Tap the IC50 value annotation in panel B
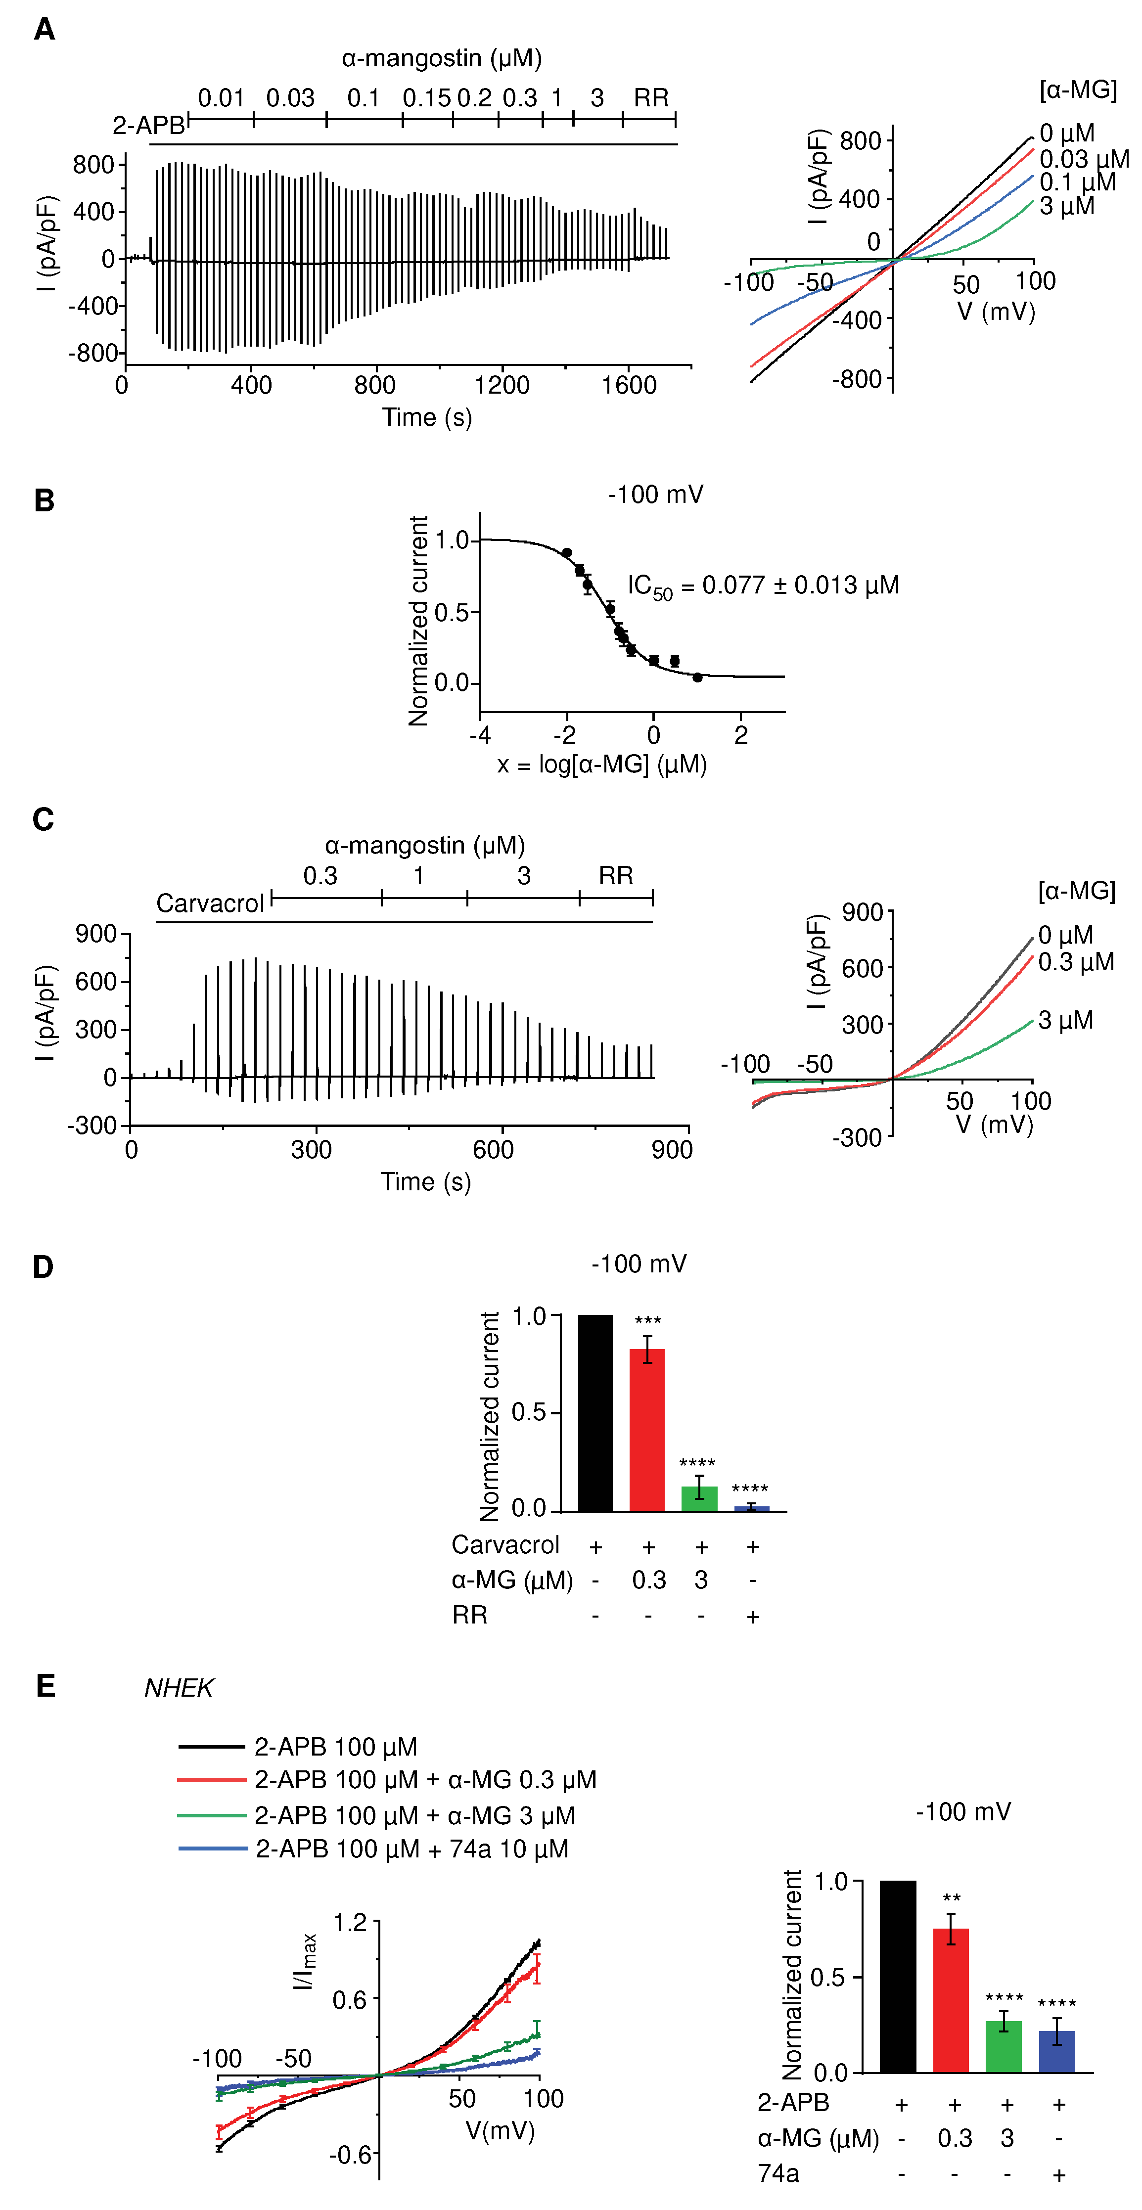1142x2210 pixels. [x=763, y=587]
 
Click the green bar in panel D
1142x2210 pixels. [x=699, y=1498]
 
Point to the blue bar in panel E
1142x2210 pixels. [x=1056, y=2051]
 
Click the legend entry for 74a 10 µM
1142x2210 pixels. [x=412, y=1849]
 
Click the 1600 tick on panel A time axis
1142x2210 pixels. [x=629, y=385]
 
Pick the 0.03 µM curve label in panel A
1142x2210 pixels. [x=1084, y=160]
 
